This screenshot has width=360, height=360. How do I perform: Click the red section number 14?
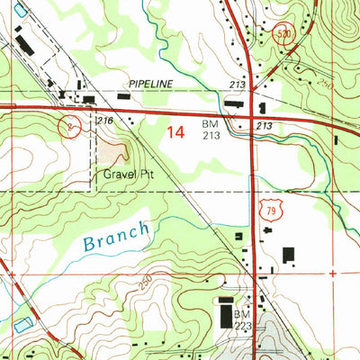[x=175, y=131]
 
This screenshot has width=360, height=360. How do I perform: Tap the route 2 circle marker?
[x=70, y=125]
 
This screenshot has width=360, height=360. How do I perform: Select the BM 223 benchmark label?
[x=240, y=319]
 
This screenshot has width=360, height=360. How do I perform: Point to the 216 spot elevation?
[x=103, y=119]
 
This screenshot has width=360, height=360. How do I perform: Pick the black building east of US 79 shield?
[x=288, y=256]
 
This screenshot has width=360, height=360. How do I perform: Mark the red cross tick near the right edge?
[x=334, y=271]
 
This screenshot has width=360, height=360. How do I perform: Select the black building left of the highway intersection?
[x=234, y=105]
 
